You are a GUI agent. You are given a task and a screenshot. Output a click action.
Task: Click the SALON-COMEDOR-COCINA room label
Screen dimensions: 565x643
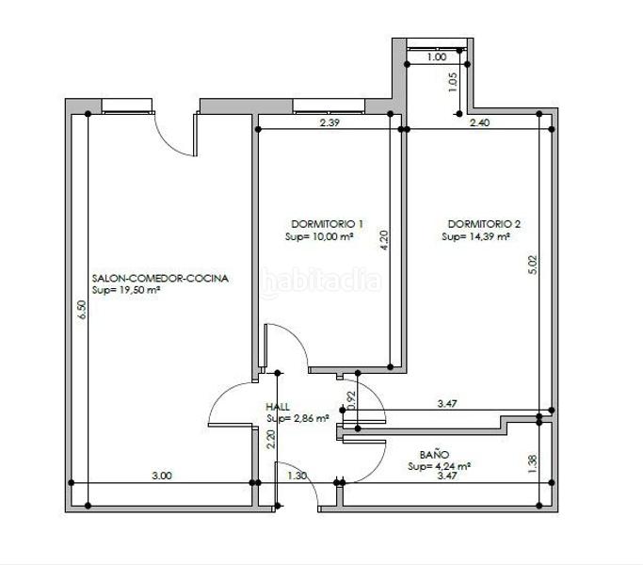160,279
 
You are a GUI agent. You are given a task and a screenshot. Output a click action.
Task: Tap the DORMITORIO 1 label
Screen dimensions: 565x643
328,224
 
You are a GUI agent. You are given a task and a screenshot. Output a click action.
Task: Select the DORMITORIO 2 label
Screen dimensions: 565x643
484,224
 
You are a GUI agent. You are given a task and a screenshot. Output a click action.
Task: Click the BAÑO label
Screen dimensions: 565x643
434,453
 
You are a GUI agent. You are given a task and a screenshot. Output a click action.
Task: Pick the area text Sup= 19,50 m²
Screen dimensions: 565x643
126,291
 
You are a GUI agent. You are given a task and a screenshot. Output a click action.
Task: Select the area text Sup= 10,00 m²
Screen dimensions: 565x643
318,237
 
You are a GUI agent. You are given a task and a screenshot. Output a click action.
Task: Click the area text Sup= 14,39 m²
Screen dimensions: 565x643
475,237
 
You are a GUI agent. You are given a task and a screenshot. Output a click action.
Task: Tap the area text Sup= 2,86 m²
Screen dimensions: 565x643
297,417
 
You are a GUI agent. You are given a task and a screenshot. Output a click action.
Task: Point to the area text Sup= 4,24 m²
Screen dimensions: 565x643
440,465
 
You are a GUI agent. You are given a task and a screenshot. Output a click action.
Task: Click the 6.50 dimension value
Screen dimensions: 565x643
82,311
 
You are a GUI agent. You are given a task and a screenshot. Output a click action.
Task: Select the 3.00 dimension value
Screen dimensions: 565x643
161,476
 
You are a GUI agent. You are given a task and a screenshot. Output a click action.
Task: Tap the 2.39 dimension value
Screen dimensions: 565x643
330,122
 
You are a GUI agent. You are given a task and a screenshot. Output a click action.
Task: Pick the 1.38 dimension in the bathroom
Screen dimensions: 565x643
534,462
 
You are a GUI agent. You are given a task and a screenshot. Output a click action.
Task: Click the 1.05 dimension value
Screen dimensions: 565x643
453,83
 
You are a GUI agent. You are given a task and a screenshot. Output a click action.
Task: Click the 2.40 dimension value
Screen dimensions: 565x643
479,122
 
